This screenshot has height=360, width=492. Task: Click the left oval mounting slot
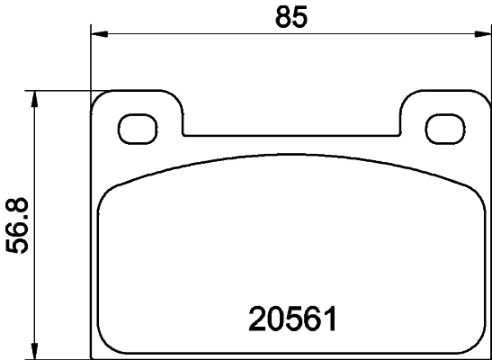click(139, 127)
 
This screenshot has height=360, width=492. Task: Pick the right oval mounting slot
click(443, 127)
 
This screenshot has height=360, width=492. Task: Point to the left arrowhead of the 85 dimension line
click(99, 34)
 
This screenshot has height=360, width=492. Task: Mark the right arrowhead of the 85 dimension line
click(481, 34)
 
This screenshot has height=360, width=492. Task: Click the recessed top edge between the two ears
click(291, 136)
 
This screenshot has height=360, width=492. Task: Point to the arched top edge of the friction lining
click(291, 155)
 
